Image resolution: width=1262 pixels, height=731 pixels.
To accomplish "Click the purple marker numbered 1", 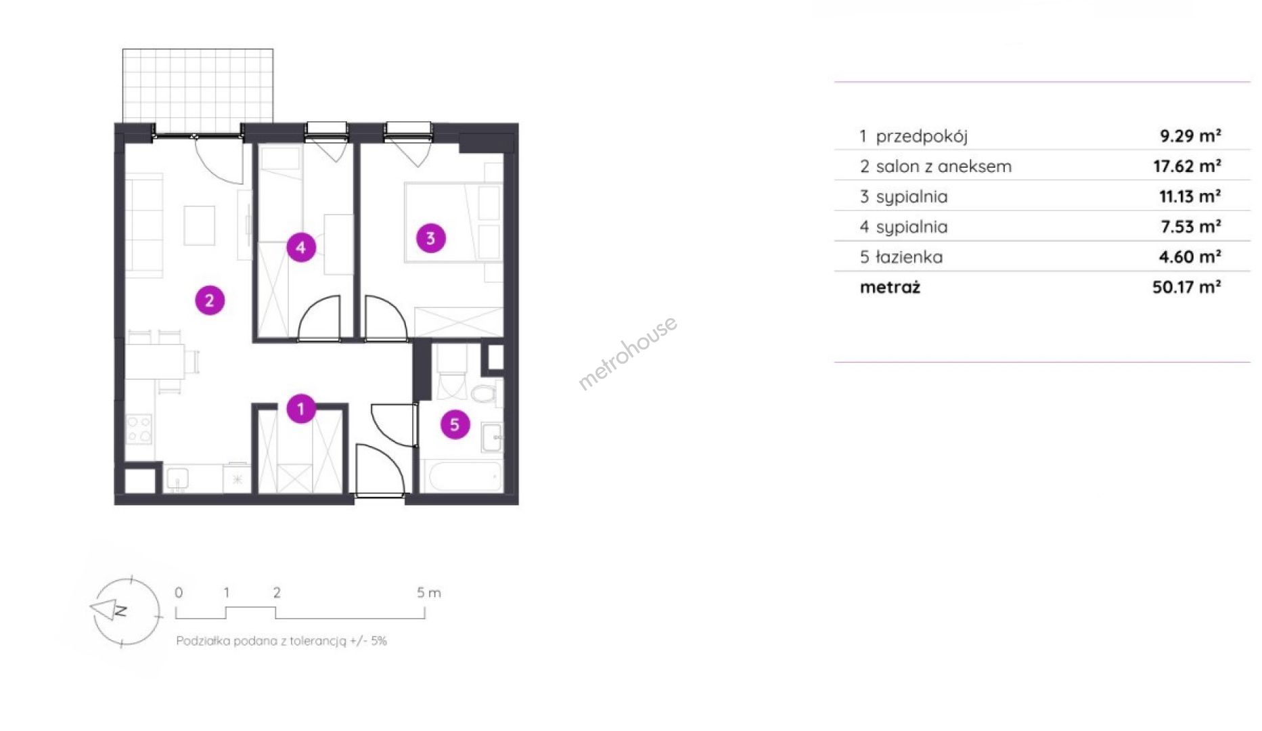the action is (301, 409).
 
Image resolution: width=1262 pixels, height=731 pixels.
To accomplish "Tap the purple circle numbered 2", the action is (210, 301).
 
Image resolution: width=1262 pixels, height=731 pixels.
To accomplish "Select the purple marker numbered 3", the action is (431, 238).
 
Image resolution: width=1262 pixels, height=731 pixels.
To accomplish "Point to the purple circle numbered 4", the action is (301, 247).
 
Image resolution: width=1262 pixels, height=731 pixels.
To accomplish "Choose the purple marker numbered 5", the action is (455, 425).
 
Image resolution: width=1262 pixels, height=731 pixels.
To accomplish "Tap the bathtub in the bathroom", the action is (462, 477).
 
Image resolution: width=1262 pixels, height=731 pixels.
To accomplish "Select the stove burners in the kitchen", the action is (139, 429).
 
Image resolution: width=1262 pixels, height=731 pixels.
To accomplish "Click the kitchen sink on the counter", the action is (177, 480).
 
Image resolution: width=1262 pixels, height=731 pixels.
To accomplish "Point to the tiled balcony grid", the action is (198, 86).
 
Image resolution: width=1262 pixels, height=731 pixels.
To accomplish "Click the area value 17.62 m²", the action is (1187, 166).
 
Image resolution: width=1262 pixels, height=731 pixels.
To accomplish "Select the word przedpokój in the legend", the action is (922, 137).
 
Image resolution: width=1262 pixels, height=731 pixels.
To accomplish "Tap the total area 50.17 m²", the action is (1186, 287).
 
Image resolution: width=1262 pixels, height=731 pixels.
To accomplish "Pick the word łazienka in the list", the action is (909, 257).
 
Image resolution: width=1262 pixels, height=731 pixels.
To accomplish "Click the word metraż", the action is (890, 288).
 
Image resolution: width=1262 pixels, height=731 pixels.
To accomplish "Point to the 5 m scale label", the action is (429, 593).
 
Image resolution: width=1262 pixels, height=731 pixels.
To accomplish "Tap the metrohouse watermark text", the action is (627, 353).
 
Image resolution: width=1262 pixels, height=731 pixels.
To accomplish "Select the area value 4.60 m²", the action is (1190, 257).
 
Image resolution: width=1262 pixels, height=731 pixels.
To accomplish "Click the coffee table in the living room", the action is (200, 225).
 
